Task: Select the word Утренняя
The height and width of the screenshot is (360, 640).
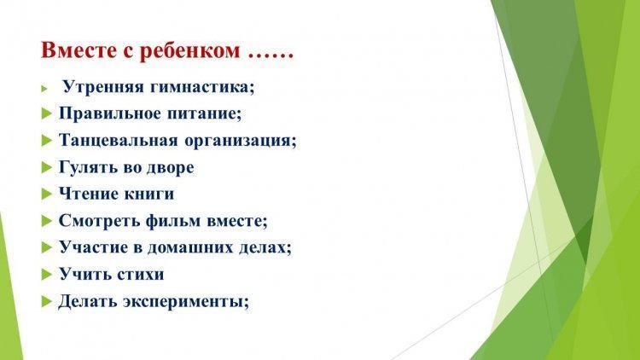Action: click(x=103, y=87)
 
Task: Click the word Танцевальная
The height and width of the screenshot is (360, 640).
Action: click(x=119, y=141)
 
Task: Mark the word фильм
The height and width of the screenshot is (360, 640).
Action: click(x=174, y=221)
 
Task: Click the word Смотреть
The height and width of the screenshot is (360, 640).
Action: click(x=99, y=221)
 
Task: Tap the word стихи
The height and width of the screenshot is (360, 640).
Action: click(x=141, y=275)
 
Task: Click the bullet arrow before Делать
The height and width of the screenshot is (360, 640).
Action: click(x=47, y=302)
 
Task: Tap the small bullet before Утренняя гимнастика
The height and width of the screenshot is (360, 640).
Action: click(x=44, y=88)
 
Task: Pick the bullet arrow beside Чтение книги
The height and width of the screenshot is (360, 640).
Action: click(x=47, y=195)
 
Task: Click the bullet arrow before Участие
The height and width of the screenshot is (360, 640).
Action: click(x=47, y=247)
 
